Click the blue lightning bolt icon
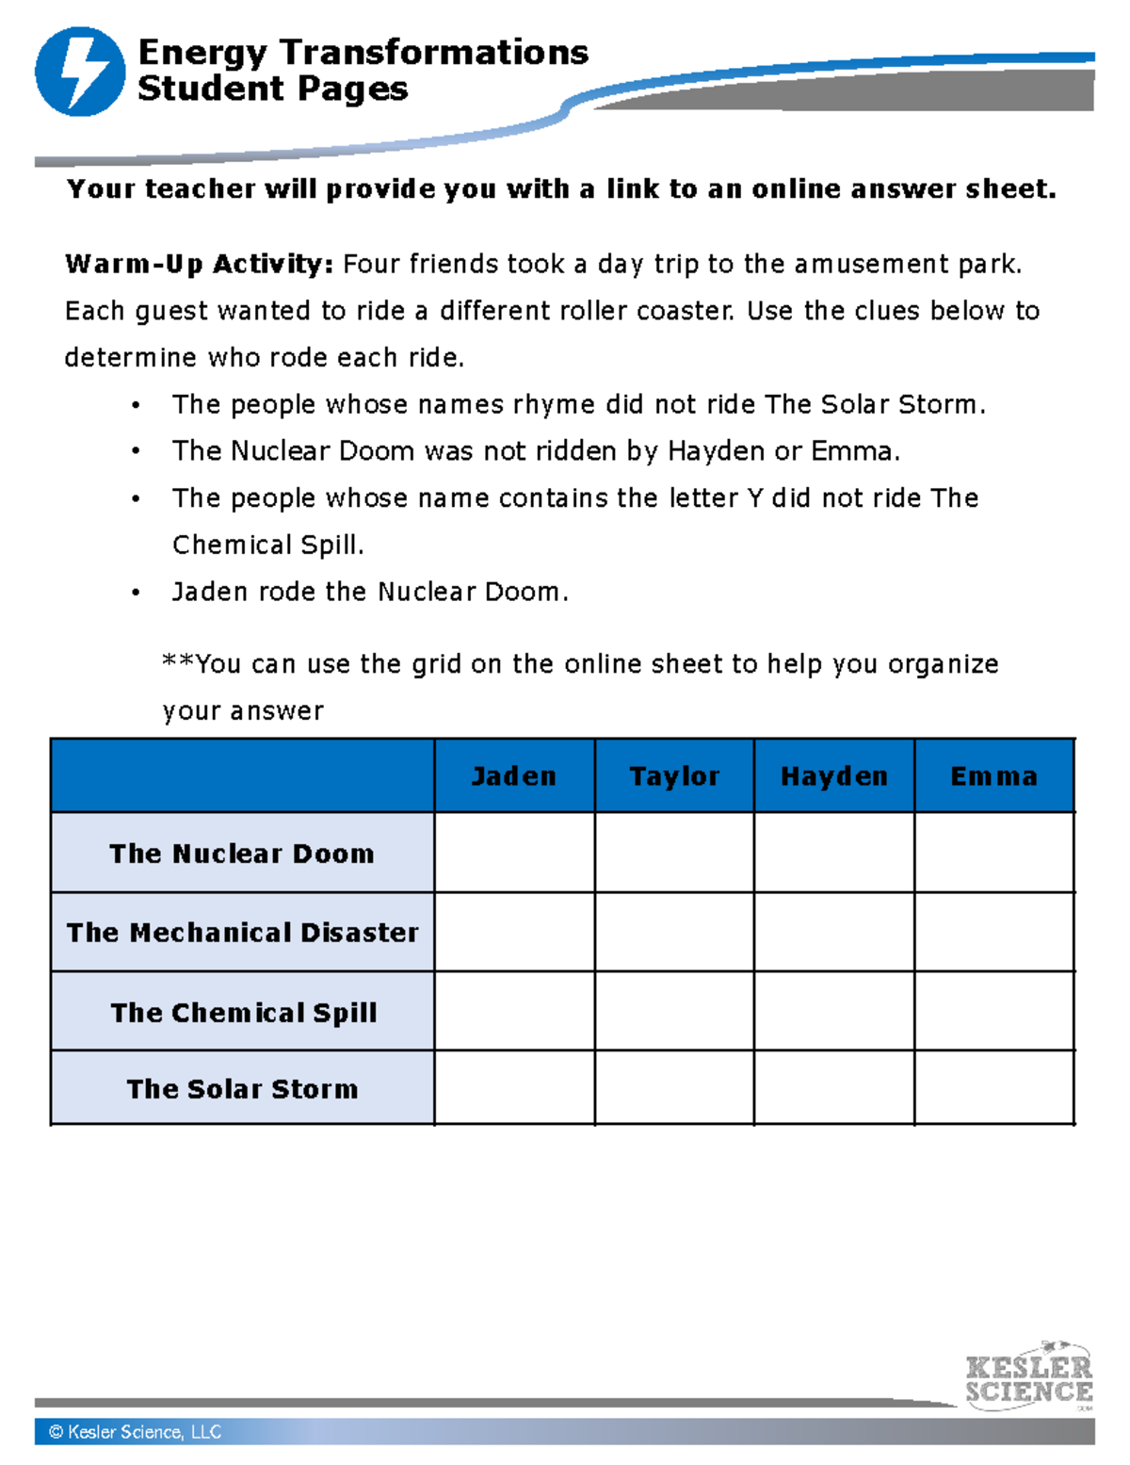point(80,72)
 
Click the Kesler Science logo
point(1028,1377)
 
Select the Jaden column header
point(514,776)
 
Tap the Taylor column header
point(674,776)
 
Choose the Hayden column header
point(834,776)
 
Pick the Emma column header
point(993,776)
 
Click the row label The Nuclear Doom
point(242,854)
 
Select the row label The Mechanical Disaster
point(242,933)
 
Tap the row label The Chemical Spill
point(243,1013)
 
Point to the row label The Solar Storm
point(242,1089)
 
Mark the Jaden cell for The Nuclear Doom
point(514,853)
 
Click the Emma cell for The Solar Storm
point(993,1088)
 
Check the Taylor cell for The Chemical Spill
point(674,1011)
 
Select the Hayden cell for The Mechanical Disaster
point(834,932)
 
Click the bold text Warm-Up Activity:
point(199,265)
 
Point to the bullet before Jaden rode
point(137,594)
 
